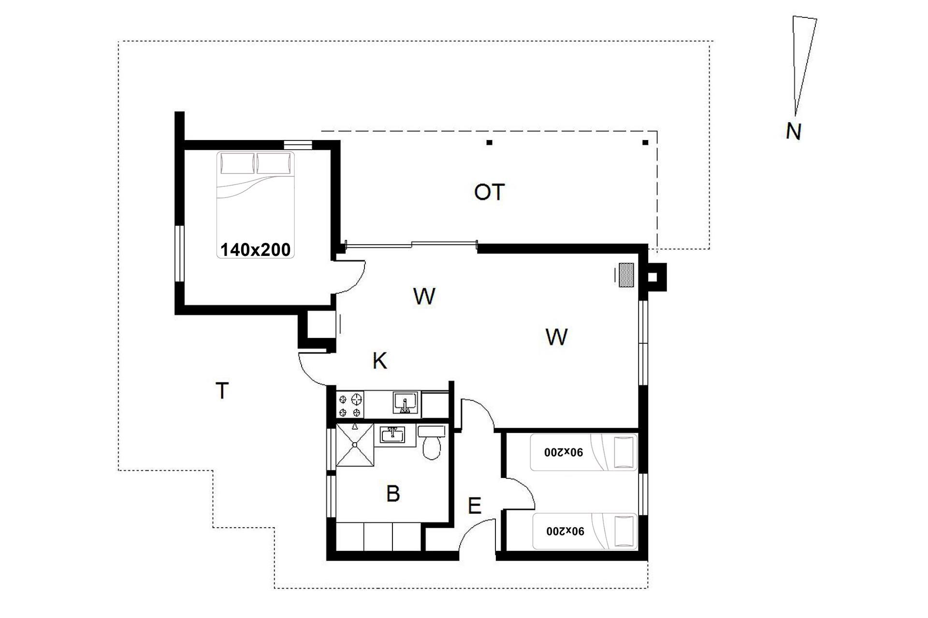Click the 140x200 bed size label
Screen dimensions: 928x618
click(x=256, y=250)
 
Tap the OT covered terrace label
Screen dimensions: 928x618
click(x=490, y=192)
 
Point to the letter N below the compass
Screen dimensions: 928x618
click(x=794, y=131)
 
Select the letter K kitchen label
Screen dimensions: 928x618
click(x=380, y=361)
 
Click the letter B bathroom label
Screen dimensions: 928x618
click(x=393, y=494)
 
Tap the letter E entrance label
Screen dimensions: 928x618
click(x=475, y=506)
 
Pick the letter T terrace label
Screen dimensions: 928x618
click(x=222, y=391)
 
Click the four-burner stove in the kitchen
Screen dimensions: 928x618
click(x=350, y=405)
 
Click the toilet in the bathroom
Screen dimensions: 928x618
click(x=432, y=443)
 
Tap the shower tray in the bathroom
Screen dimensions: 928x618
click(x=355, y=445)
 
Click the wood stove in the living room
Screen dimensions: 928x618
click(x=626, y=276)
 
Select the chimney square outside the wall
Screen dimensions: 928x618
click(x=652, y=277)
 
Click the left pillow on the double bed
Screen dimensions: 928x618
click(x=237, y=163)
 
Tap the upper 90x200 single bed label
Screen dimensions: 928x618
click(x=564, y=452)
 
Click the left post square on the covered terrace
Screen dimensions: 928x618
click(x=490, y=142)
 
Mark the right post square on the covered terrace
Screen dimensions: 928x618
click(x=645, y=142)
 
